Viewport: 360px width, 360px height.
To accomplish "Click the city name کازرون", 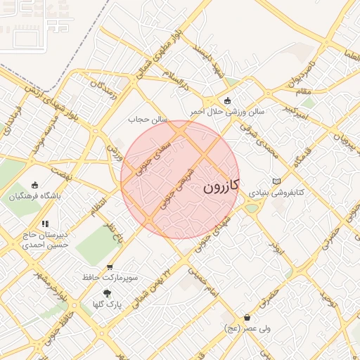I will coord(221,186).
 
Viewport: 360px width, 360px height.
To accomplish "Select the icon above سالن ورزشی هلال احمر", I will coord(227,101).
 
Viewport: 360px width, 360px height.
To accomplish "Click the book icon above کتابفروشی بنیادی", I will coord(276,181).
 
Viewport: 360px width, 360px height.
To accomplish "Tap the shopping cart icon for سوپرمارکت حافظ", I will coord(109,267).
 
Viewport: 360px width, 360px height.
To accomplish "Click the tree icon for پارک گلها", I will coord(107,293).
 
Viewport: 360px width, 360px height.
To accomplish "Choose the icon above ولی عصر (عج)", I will coord(247,317).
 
